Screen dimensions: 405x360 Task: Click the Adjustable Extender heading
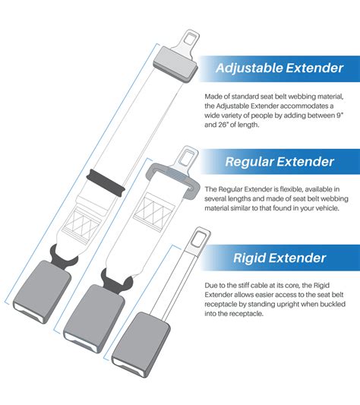[279, 69]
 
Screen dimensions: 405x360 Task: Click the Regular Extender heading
[279, 161]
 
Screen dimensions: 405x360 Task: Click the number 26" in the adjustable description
[225, 126]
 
